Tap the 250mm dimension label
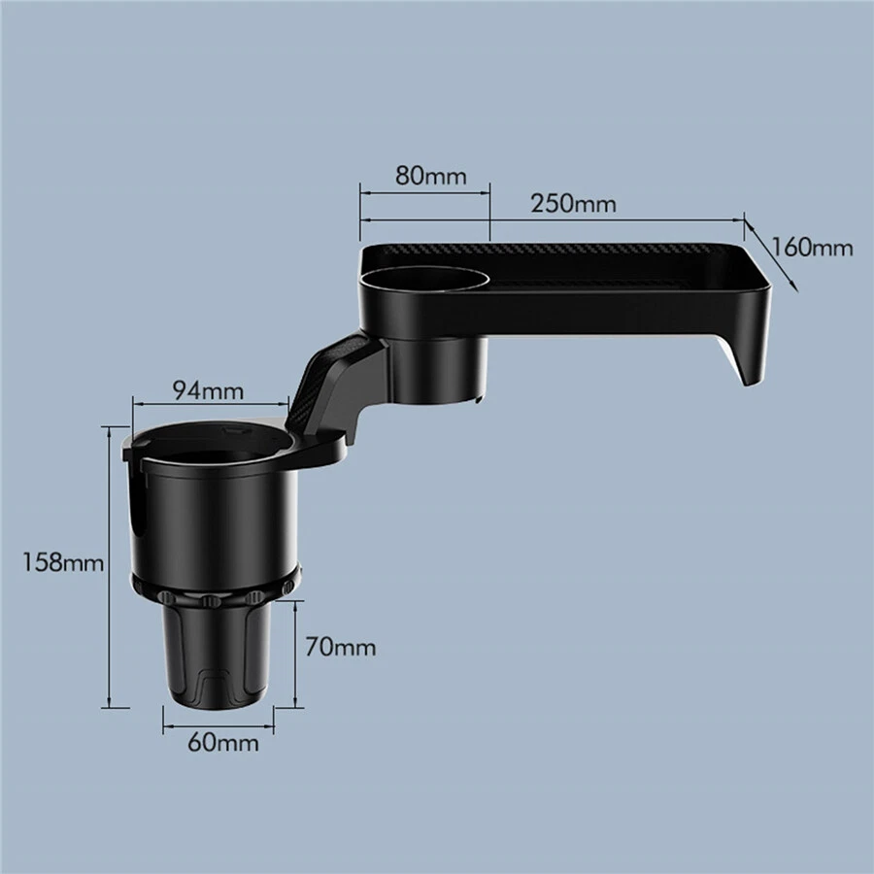click(x=573, y=204)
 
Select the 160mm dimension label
click(x=814, y=247)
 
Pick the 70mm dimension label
click(x=340, y=646)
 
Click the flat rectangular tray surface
click(x=622, y=277)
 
